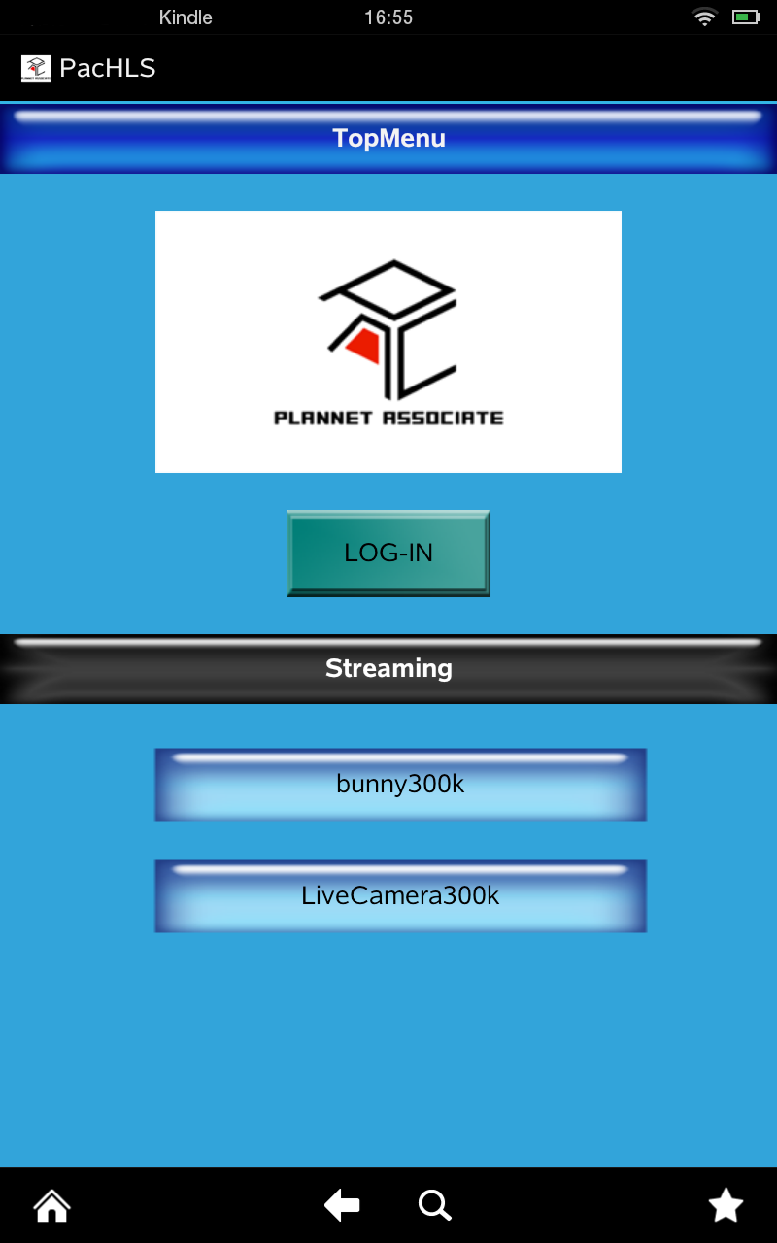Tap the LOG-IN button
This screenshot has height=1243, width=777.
pyautogui.click(x=388, y=553)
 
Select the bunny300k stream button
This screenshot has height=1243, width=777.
pyautogui.click(x=400, y=785)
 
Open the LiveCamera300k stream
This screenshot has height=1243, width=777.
pyautogui.click(x=400, y=895)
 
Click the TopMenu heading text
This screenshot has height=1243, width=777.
pyautogui.click(x=388, y=138)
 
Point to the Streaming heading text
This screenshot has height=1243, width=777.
pyautogui.click(x=388, y=668)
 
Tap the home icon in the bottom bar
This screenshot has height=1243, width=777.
pyautogui.click(x=51, y=1206)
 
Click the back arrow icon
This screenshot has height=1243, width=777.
pyautogui.click(x=342, y=1206)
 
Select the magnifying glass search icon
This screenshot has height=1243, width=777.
pyautogui.click(x=434, y=1206)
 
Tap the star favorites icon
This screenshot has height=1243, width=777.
pyautogui.click(x=726, y=1206)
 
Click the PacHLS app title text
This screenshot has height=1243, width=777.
pyautogui.click(x=107, y=68)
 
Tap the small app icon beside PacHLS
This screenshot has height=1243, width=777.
pyautogui.click(x=36, y=68)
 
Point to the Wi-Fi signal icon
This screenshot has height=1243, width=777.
pyautogui.click(x=703, y=17)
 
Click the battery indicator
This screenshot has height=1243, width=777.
pyautogui.click(x=745, y=17)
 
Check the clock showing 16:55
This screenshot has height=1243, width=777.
pyautogui.click(x=388, y=17)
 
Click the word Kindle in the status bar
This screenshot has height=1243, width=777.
pyautogui.click(x=186, y=17)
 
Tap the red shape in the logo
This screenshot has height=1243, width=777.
pyautogui.click(x=362, y=346)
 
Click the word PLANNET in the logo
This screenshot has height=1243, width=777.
pyautogui.click(x=322, y=419)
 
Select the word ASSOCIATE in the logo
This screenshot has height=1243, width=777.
pyautogui.click(x=443, y=419)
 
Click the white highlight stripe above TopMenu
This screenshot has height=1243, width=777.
pyautogui.click(x=388, y=117)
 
